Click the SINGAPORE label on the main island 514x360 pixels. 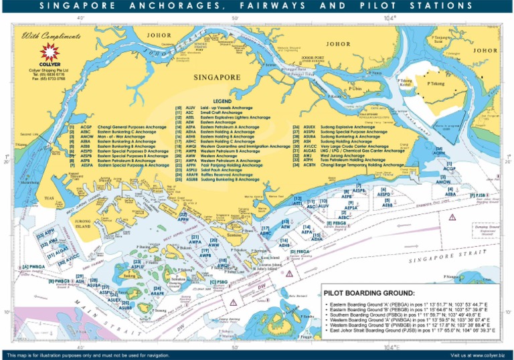(x=216, y=78)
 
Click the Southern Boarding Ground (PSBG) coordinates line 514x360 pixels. (x=415, y=314)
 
